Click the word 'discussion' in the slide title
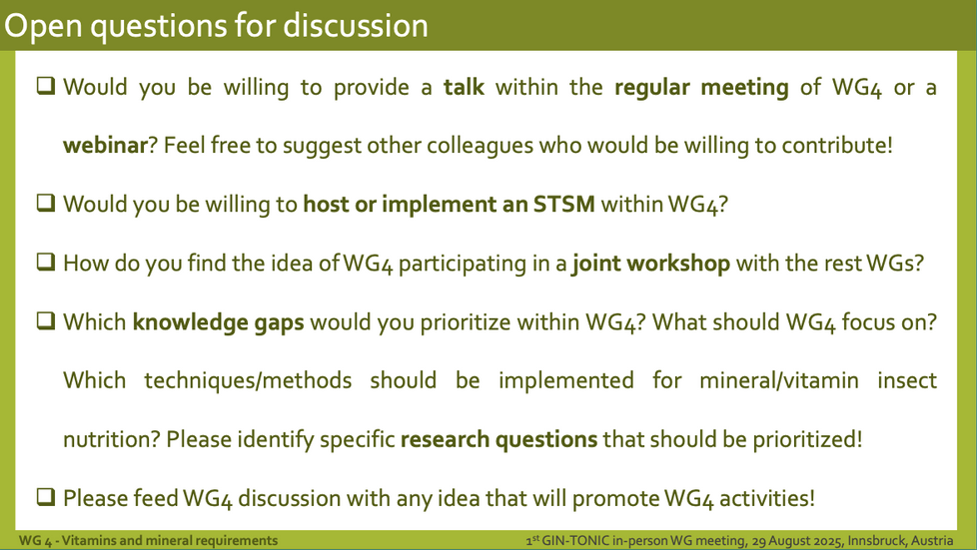[356, 26]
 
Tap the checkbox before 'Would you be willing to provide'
[46, 85]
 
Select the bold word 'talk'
[464, 87]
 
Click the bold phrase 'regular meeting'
[701, 88]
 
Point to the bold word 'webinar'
[105, 145]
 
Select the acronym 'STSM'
[563, 205]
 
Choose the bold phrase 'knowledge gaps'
[218, 323]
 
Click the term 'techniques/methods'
[248, 381]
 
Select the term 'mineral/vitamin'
[779, 380]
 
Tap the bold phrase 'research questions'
[498, 440]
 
